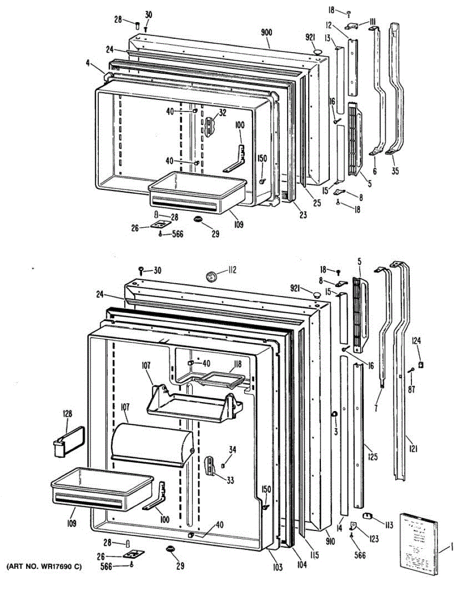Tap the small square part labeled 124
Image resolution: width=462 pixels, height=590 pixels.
click(421, 365)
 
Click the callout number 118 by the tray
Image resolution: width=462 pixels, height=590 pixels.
click(237, 364)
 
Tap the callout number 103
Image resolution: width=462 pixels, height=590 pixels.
click(278, 568)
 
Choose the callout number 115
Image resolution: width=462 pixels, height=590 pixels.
click(315, 556)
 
